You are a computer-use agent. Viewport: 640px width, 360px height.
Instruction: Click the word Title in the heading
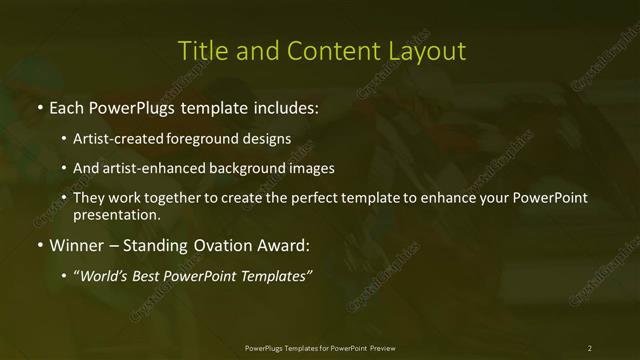(201, 51)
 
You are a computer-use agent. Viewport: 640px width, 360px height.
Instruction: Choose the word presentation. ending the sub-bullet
(117, 214)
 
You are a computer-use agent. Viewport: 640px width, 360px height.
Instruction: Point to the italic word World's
(102, 276)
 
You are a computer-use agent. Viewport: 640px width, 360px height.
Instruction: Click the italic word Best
(147, 276)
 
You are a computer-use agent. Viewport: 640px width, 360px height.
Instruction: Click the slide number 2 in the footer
(590, 347)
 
